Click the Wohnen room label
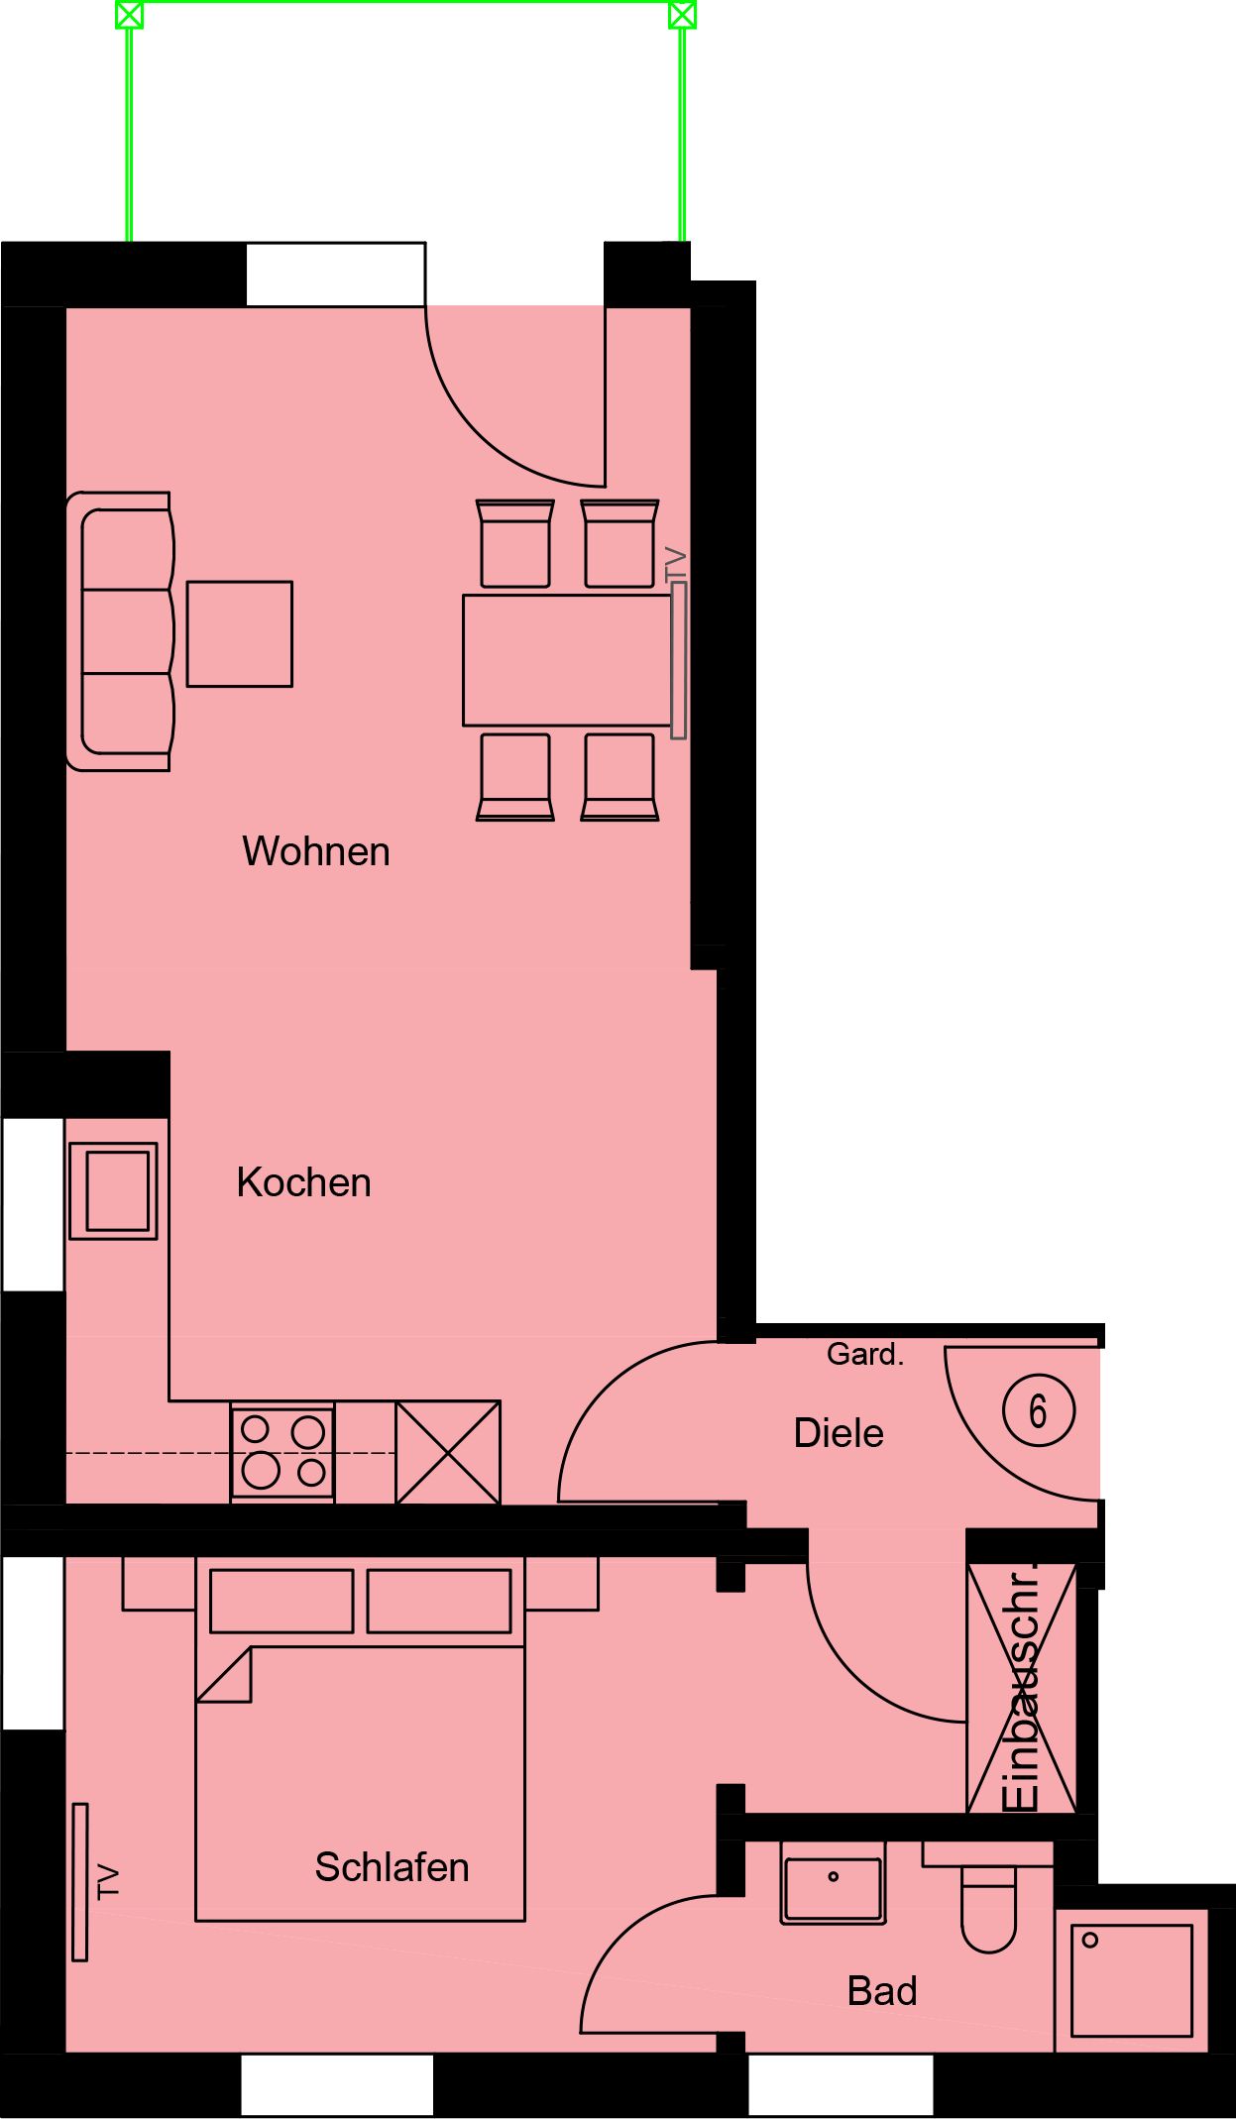pyautogui.click(x=316, y=851)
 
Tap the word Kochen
pyautogui.click(x=303, y=1182)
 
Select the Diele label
pyautogui.click(x=839, y=1433)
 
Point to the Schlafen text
pyautogui.click(x=392, y=1867)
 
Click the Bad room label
pyautogui.click(x=882, y=1991)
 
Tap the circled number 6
pyautogui.click(x=1039, y=1410)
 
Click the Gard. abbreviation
pyautogui.click(x=865, y=1354)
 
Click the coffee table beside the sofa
pyautogui.click(x=240, y=634)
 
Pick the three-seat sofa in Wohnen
pyautogui.click(x=121, y=631)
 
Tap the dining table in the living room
pyautogui.click(x=568, y=660)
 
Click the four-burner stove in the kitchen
pyautogui.click(x=282, y=1452)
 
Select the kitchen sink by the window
pyautogui.click(x=113, y=1190)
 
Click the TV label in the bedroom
pyautogui.click(x=108, y=1882)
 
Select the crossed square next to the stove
pyautogui.click(x=448, y=1452)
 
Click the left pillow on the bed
pyautogui.click(x=281, y=1601)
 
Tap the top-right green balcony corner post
pyautogui.click(x=682, y=15)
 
